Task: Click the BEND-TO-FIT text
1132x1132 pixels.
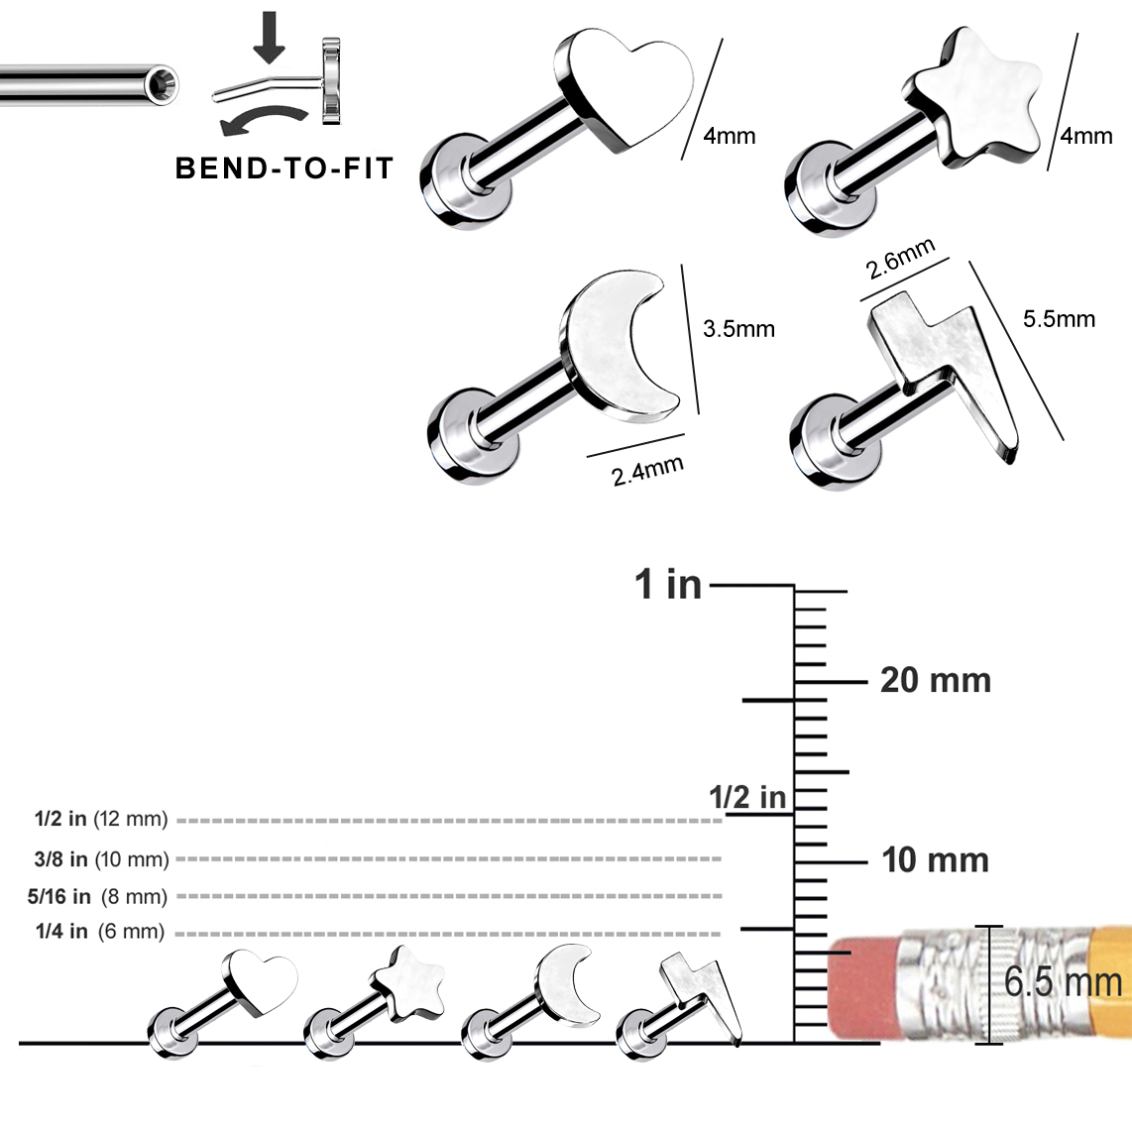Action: [x=283, y=169]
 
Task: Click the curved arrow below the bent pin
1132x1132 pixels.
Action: [x=259, y=123]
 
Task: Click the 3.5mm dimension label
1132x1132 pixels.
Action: [x=738, y=329]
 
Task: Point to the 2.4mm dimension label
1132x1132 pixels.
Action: [x=647, y=471]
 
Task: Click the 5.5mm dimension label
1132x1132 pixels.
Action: [x=1059, y=319]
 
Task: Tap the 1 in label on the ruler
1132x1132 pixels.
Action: [x=668, y=585]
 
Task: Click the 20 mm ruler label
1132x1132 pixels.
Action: [x=935, y=681]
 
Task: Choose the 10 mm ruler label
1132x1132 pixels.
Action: [x=935, y=860]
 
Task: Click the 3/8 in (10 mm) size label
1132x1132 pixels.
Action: [x=101, y=859]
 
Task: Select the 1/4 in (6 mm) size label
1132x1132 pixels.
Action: [x=99, y=932]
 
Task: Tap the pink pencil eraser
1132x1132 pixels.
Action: [x=862, y=985]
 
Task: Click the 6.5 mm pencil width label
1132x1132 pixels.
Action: [x=1063, y=982]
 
